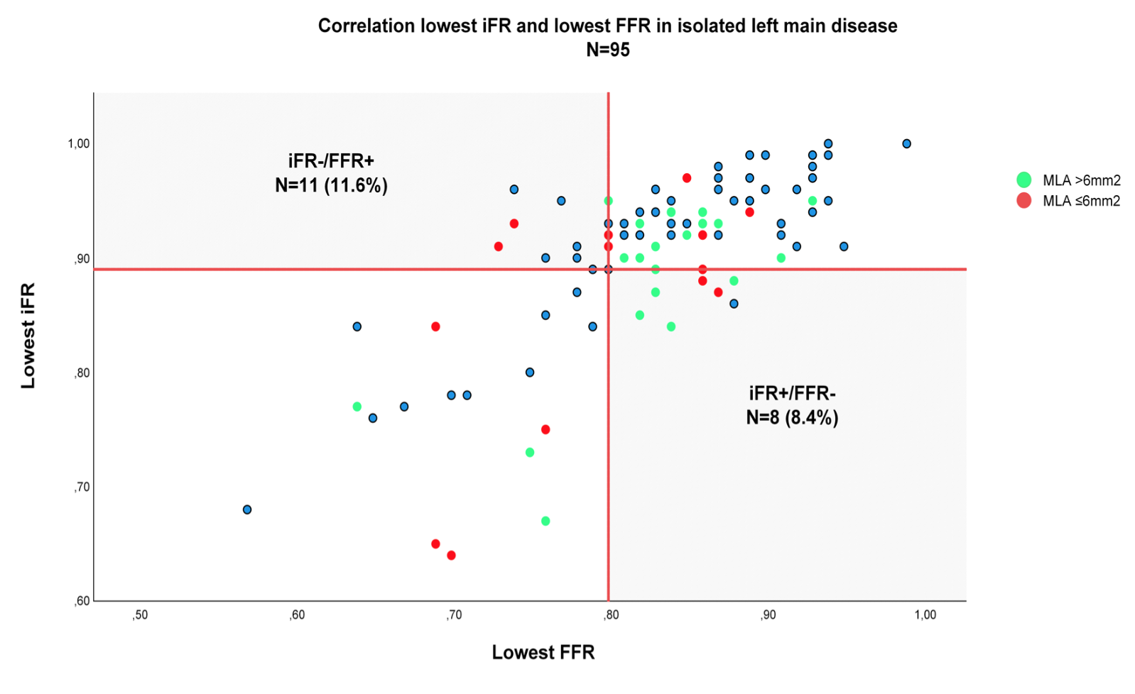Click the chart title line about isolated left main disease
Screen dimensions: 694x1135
pyautogui.click(x=607, y=26)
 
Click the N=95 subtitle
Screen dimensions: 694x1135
pyautogui.click(x=607, y=50)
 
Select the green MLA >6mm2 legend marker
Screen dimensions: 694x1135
pyautogui.click(x=1023, y=180)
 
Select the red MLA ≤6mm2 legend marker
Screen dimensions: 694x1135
pyautogui.click(x=1023, y=201)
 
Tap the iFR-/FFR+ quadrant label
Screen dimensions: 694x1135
pyautogui.click(x=331, y=161)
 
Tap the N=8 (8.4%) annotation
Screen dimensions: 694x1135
pyautogui.click(x=792, y=417)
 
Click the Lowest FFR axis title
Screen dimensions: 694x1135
pyautogui.click(x=543, y=652)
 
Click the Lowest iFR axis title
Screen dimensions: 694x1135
pyautogui.click(x=28, y=336)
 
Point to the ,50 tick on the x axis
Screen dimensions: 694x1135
pyautogui.click(x=140, y=615)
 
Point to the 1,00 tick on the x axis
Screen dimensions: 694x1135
pyautogui.click(x=925, y=615)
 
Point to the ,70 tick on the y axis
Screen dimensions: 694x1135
pyautogui.click(x=82, y=487)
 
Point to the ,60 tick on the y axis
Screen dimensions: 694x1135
pyautogui.click(x=82, y=601)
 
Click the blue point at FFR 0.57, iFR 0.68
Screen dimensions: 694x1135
pyautogui.click(x=247, y=510)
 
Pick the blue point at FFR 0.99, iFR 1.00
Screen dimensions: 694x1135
pyautogui.click(x=906, y=143)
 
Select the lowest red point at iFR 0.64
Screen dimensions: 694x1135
pyautogui.click(x=451, y=555)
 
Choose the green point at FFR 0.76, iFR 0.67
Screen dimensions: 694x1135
pyautogui.click(x=545, y=521)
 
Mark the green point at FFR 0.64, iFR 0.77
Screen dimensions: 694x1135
pyautogui.click(x=357, y=407)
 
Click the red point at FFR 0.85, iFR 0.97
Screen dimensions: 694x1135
pyautogui.click(x=687, y=178)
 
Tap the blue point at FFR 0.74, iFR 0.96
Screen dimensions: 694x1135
pyautogui.click(x=514, y=189)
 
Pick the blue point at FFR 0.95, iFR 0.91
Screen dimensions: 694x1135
pyautogui.click(x=844, y=246)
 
